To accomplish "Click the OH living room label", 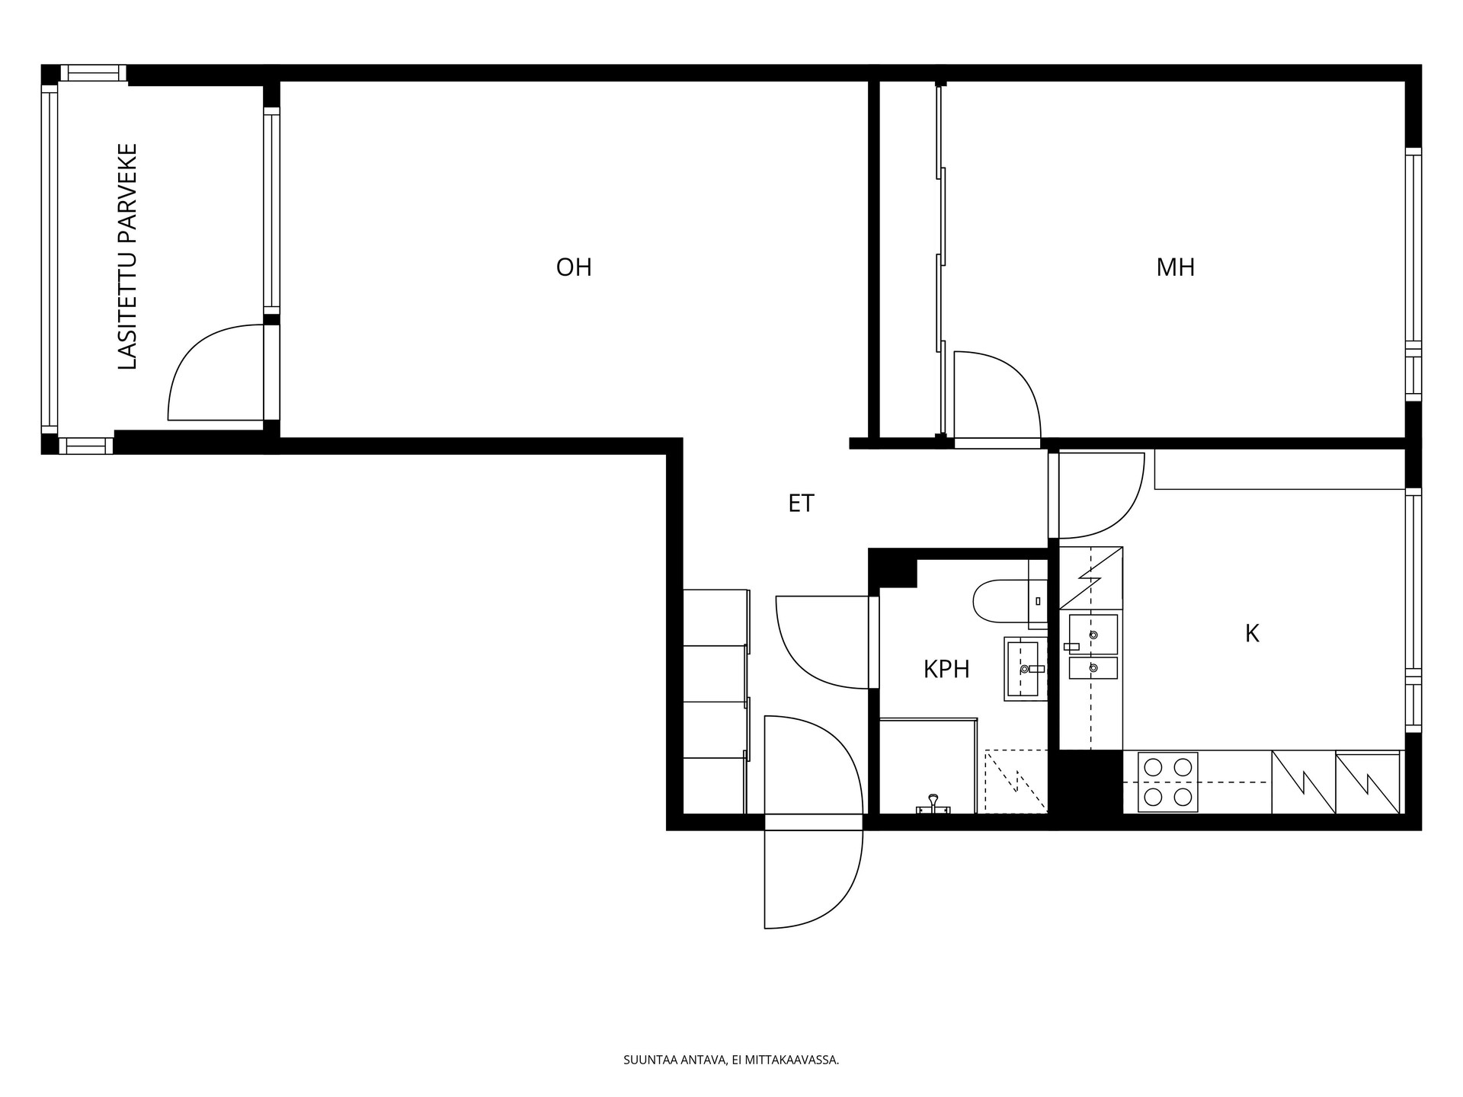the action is pos(574,267).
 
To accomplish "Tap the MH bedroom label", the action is pos(1175,267).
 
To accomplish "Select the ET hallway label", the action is pos(801,504).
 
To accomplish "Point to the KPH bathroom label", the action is pos(946,670).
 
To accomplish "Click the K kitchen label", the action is pos(1252,633).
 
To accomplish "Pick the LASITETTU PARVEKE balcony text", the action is pos(127,257).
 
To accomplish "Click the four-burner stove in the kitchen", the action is pos(1167,782).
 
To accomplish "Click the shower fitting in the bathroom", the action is pos(933,804).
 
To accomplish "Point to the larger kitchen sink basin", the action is pos(1093,635).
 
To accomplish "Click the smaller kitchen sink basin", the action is pos(1093,668).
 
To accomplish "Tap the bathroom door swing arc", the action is pos(796,661).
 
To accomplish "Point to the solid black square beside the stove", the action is pos(1091,782).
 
